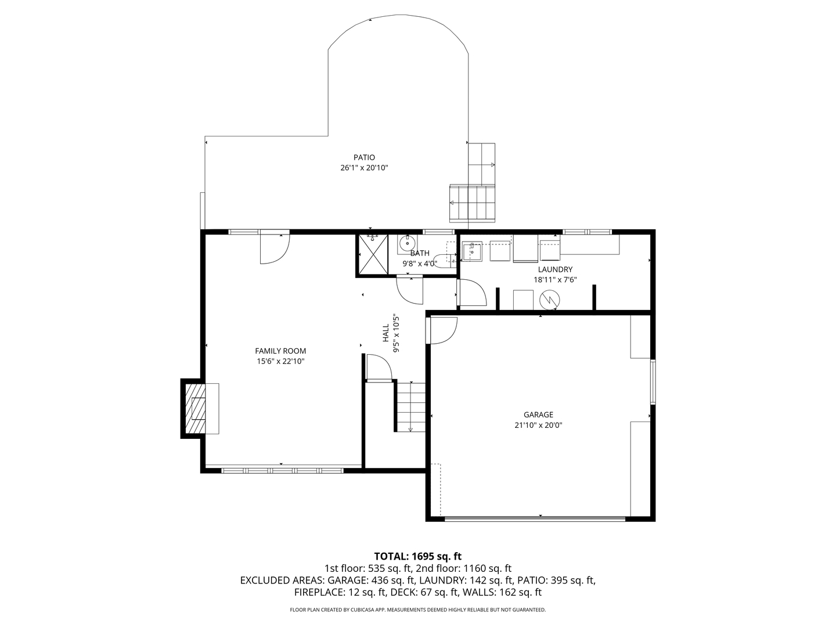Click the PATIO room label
[x=364, y=157]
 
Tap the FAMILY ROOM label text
[x=280, y=351]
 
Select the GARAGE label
[x=538, y=415]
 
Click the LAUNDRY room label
[x=555, y=269]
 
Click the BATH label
[x=420, y=253]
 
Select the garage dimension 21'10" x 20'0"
[x=538, y=425]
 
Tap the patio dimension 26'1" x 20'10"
[x=364, y=168]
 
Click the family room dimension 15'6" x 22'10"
[x=280, y=361]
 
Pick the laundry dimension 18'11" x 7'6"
[x=555, y=280]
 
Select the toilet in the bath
[x=444, y=261]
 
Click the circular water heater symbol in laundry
[x=549, y=300]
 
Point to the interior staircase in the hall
[x=410, y=406]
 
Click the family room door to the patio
[x=274, y=248]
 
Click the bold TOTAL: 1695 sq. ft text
[x=417, y=556]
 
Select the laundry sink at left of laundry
[x=472, y=252]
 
